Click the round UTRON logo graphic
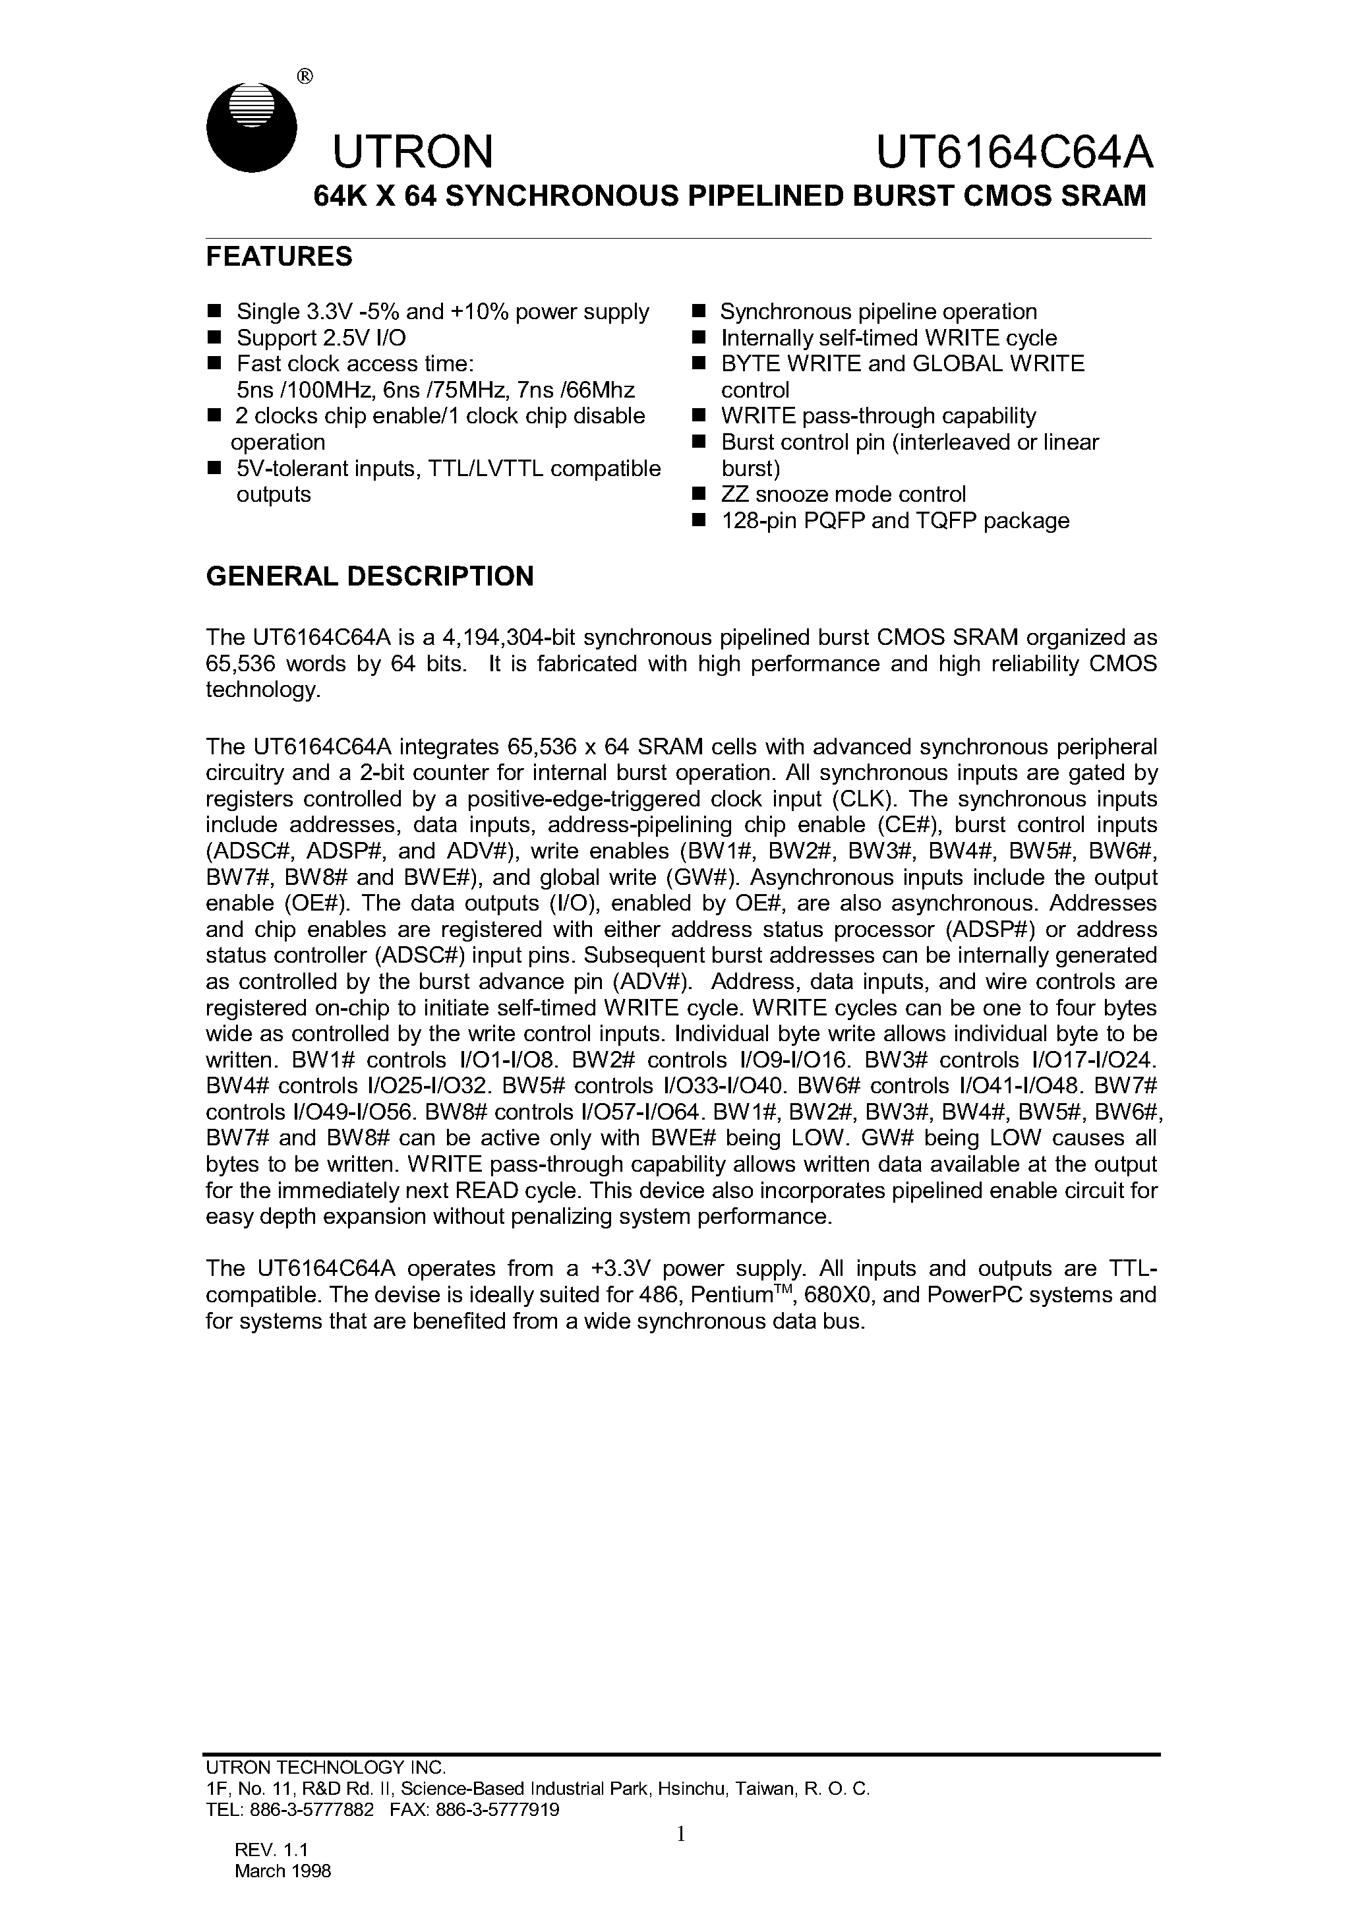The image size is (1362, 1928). click(252, 128)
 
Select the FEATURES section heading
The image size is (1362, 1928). click(279, 256)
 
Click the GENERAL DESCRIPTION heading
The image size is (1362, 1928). click(369, 576)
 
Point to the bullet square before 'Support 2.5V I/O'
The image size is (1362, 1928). click(214, 338)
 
